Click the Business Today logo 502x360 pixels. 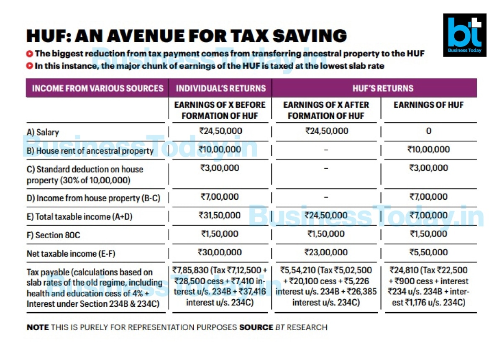pyautogui.click(x=465, y=35)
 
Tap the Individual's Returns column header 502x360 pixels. pyautogui.click(x=221, y=88)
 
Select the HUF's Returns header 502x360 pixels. pyautogui.click(x=383, y=88)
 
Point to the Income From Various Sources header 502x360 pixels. pyautogui.click(x=98, y=88)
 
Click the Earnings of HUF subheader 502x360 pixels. pyautogui.click(x=428, y=105)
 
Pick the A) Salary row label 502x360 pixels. pyautogui.click(x=43, y=132)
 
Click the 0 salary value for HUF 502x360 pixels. pyautogui.click(x=428, y=131)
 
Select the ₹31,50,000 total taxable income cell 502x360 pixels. pyautogui.click(x=220, y=215)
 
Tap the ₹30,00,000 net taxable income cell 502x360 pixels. pyautogui.click(x=220, y=252)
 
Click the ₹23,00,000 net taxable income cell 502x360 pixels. pyautogui.click(x=326, y=252)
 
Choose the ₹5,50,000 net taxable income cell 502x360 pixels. pyautogui.click(x=428, y=252)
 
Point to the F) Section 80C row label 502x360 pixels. pyautogui.click(x=54, y=235)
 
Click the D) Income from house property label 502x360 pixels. pyautogui.click(x=93, y=198)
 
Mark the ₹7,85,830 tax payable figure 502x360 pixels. pyautogui.click(x=190, y=270)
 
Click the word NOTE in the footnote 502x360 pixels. pyautogui.click(x=38, y=327)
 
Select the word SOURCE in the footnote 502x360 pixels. pyautogui.click(x=256, y=327)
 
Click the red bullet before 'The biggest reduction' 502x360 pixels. pyautogui.click(x=30, y=54)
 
